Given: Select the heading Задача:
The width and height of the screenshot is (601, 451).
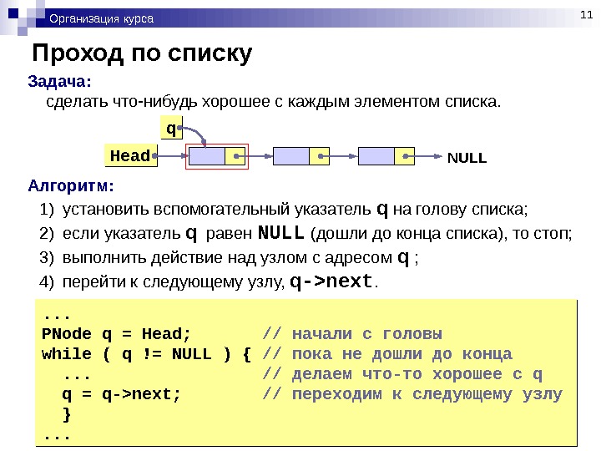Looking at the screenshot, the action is (x=59, y=82).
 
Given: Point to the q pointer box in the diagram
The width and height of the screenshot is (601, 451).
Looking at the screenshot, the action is (x=171, y=129).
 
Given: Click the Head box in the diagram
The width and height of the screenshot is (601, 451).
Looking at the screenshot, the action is (x=131, y=155).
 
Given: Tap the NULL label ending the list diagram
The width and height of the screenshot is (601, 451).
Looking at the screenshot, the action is (x=467, y=156).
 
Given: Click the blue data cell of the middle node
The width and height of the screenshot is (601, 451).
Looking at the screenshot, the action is (x=290, y=155).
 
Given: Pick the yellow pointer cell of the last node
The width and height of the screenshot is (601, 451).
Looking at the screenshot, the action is (x=404, y=155).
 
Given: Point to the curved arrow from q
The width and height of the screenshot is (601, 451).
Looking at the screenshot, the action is (x=196, y=135).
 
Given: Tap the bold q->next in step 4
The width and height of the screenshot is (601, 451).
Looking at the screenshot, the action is (x=332, y=281).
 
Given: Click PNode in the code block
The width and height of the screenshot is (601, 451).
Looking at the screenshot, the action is (x=67, y=332).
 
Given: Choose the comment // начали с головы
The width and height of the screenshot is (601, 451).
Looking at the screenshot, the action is (x=352, y=332).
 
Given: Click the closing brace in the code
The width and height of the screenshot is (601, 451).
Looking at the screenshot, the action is (x=68, y=415).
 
